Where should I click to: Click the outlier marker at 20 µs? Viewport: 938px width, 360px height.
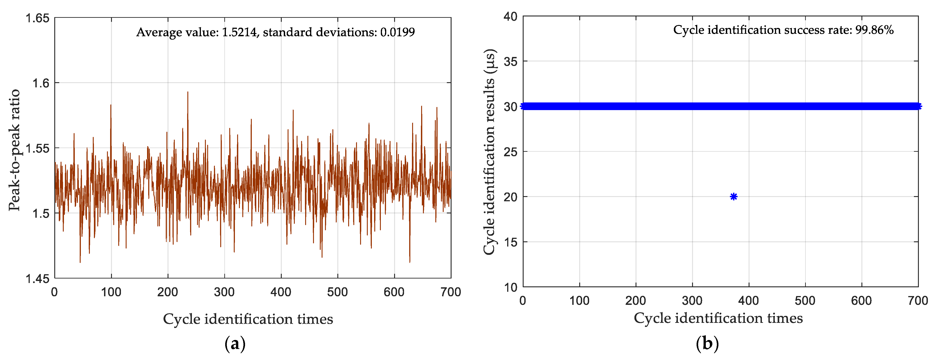click(x=733, y=197)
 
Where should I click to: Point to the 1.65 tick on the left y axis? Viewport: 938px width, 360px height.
click(x=37, y=18)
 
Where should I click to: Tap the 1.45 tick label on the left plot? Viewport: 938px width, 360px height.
click(x=37, y=278)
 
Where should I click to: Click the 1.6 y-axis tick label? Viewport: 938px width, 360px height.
click(x=40, y=83)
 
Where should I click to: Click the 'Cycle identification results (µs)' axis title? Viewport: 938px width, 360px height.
click(x=489, y=152)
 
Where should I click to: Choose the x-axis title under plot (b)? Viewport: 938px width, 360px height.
click(x=718, y=318)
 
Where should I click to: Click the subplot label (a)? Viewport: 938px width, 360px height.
click(x=235, y=344)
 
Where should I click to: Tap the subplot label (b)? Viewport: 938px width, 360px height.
click(x=707, y=344)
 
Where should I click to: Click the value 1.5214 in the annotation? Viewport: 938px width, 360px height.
click(x=239, y=32)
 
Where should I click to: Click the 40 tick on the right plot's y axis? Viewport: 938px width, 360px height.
click(x=510, y=16)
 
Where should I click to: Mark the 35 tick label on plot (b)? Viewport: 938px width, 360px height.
click(x=510, y=61)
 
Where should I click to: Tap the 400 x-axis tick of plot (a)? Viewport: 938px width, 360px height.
click(x=281, y=292)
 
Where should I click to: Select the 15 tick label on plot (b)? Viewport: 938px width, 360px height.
click(x=510, y=242)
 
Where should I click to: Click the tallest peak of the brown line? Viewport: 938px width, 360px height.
click(x=188, y=92)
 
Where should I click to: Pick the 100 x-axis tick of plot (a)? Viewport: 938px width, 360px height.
click(x=111, y=292)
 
